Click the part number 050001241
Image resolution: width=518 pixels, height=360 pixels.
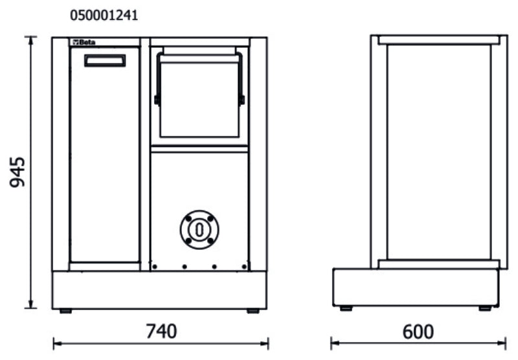click(104, 15)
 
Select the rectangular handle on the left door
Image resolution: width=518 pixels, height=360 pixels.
click(104, 61)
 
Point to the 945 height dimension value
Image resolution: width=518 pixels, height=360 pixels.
click(19, 172)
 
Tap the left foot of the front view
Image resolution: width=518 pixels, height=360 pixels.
click(65, 311)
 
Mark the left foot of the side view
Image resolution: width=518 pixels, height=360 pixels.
click(346, 308)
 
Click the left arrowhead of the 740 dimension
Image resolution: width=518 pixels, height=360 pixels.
click(56, 343)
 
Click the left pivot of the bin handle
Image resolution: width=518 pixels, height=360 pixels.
click(157, 100)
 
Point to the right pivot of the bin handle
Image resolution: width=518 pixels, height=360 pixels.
click(242, 100)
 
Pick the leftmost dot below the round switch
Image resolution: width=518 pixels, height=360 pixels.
click(153, 266)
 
